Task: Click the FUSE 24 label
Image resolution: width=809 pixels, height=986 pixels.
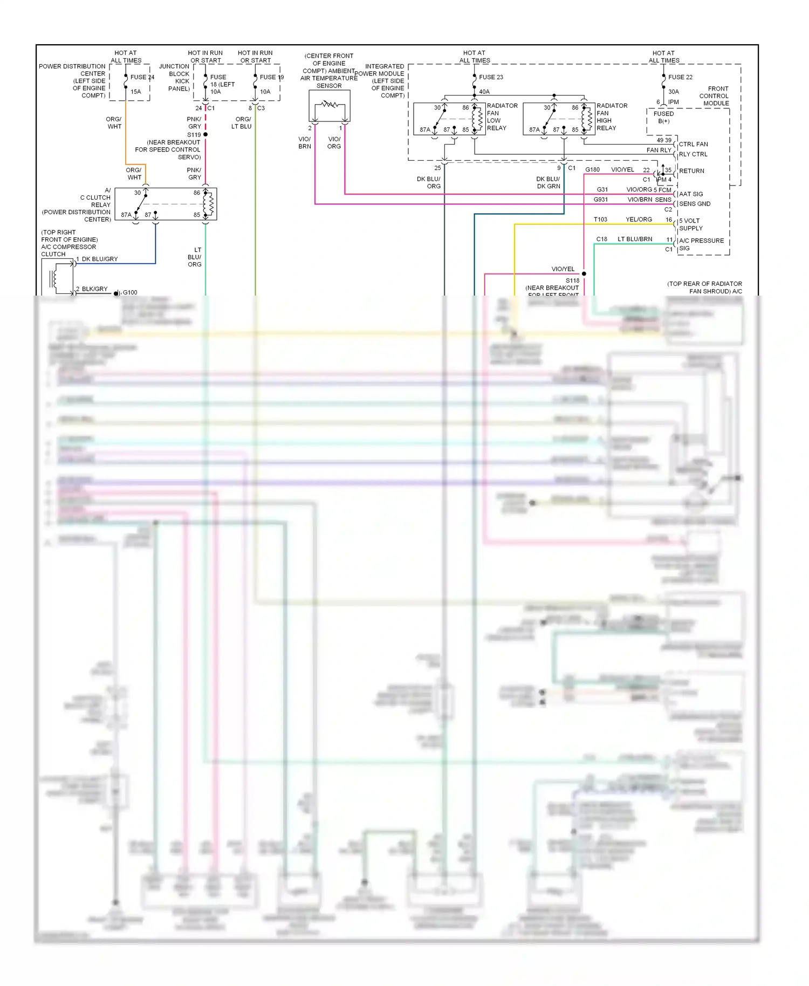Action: point(142,77)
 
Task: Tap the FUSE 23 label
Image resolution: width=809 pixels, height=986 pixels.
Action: point(491,77)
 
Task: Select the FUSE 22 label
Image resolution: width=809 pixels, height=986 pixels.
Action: point(680,77)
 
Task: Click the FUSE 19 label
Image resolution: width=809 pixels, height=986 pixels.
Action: point(271,77)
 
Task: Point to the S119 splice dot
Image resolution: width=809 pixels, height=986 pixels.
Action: point(205,134)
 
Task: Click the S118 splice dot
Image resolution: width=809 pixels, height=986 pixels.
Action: point(584,273)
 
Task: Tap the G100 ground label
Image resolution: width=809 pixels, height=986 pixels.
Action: point(130,292)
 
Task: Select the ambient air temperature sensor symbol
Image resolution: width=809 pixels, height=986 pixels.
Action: point(329,105)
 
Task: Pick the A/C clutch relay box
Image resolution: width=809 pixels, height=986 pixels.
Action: point(174,204)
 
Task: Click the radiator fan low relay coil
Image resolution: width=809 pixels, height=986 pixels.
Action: point(476,119)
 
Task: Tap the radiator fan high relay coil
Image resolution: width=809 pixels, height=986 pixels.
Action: point(586,119)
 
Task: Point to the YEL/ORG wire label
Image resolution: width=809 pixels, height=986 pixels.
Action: point(639,220)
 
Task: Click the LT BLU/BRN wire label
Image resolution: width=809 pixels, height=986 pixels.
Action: point(635,239)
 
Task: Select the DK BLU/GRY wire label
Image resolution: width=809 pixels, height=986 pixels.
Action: point(100,259)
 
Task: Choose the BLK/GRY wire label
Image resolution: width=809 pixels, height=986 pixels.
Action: point(95,289)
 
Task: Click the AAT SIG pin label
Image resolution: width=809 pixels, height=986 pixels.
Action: point(691,194)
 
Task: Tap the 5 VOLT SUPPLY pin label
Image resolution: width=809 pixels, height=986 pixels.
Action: point(690,224)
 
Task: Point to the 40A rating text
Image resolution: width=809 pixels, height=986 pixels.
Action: point(484,92)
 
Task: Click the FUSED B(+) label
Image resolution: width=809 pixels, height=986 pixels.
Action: point(663,117)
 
